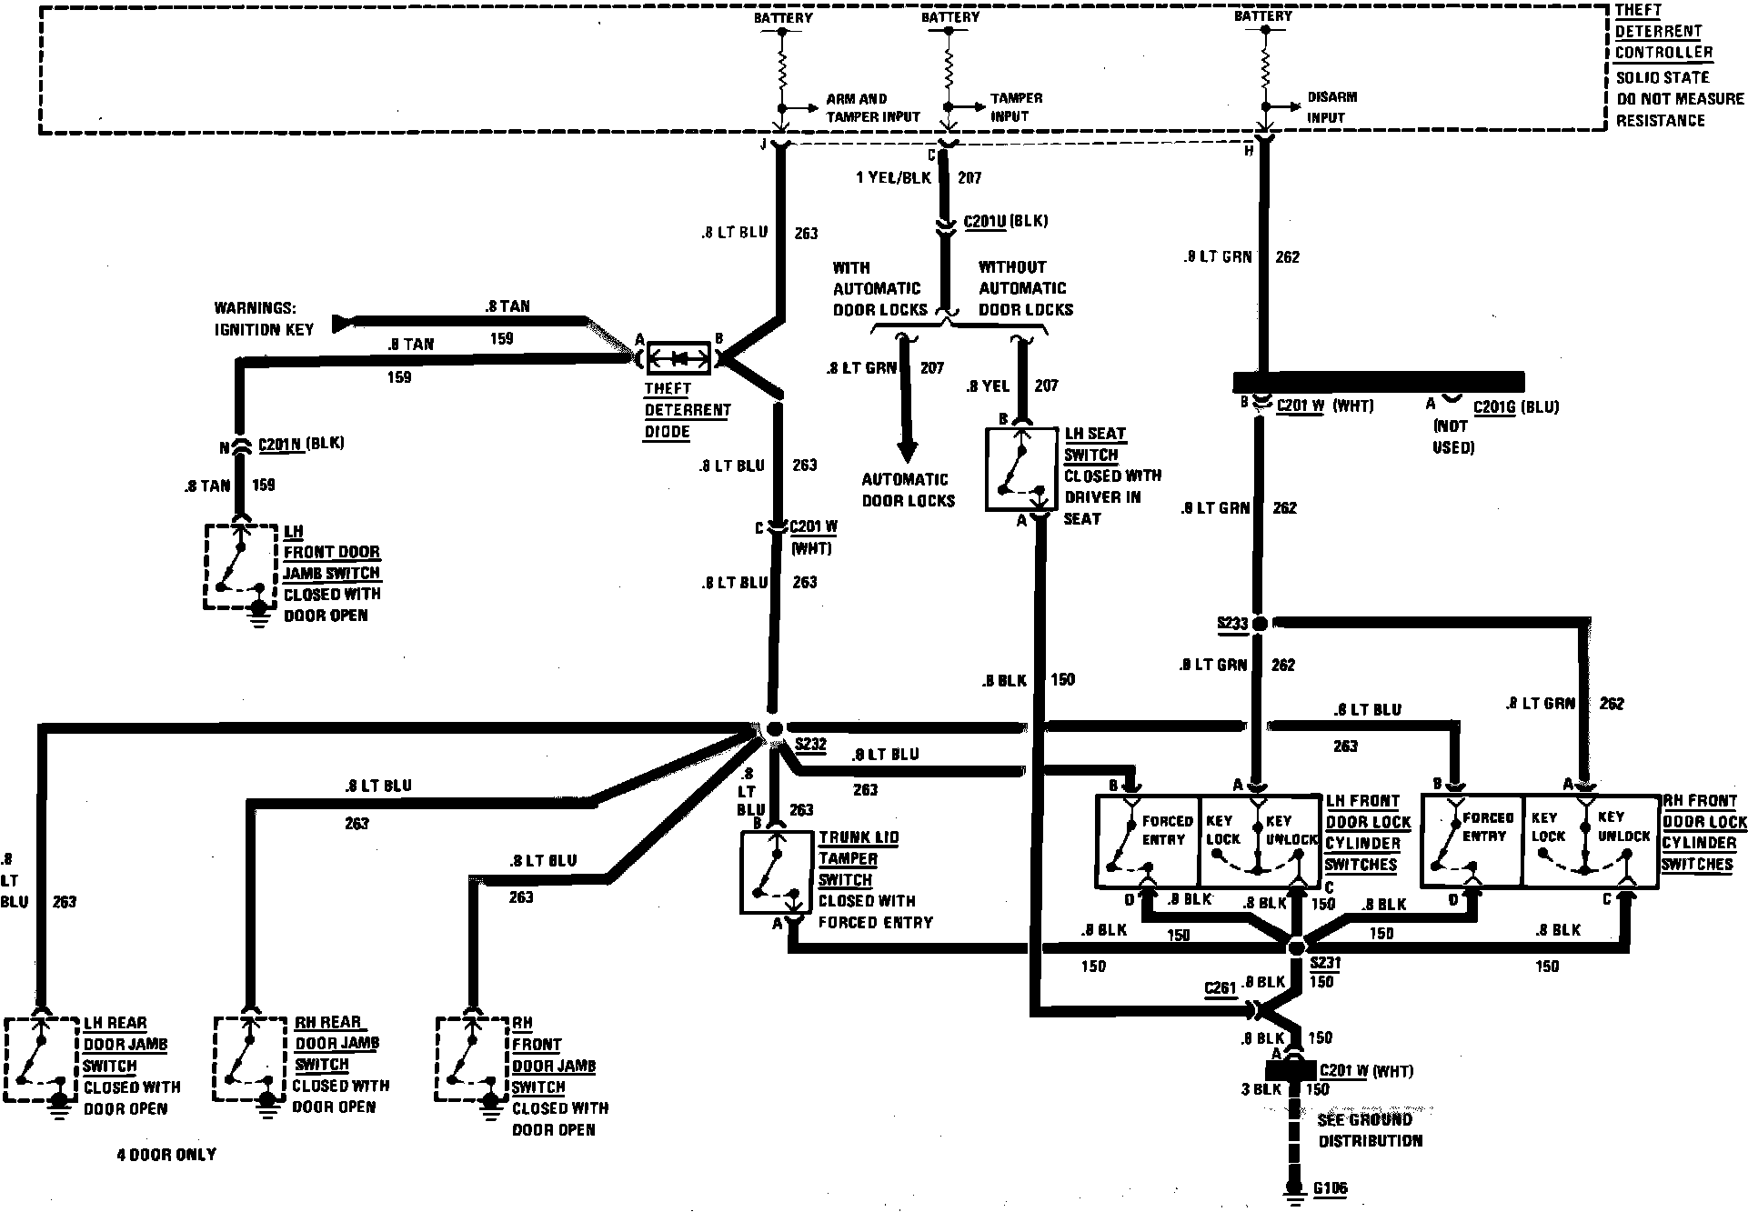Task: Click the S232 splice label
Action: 810,745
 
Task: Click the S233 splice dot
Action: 1260,624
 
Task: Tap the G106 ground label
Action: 1330,1188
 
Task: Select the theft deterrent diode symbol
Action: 678,359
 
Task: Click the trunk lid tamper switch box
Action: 776,871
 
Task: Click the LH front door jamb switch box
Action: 241,566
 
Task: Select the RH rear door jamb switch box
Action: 251,1058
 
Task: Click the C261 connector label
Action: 1220,988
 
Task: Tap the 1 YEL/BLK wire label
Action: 893,177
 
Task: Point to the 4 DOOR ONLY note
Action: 166,1155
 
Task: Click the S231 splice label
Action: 1325,963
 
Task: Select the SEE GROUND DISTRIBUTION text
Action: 1370,1130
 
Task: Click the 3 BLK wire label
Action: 1261,1089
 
